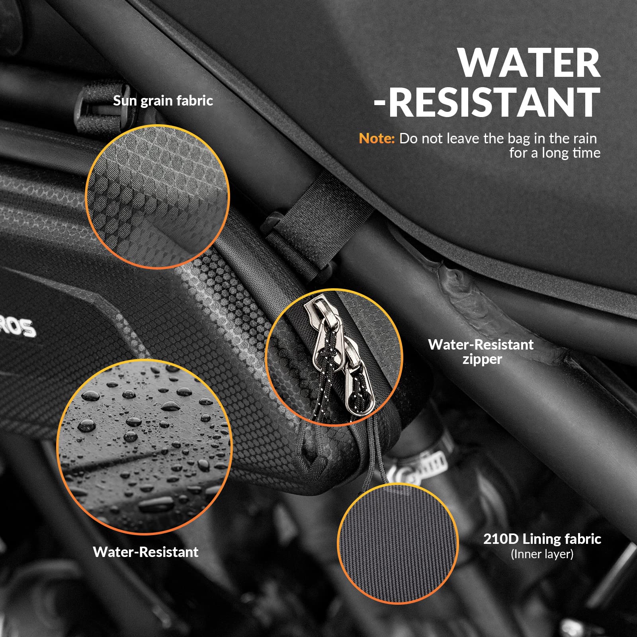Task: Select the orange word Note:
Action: click(377, 138)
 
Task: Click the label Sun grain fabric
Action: click(163, 101)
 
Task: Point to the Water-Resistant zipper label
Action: click(481, 352)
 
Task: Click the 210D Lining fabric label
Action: click(542, 539)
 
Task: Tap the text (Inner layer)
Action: click(542, 554)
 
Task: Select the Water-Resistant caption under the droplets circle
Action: click(146, 552)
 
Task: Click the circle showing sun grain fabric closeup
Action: click(158, 197)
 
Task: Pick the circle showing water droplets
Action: click(145, 446)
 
